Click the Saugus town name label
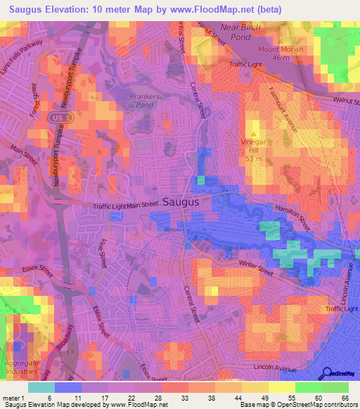(182, 201)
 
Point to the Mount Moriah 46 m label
(281, 53)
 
